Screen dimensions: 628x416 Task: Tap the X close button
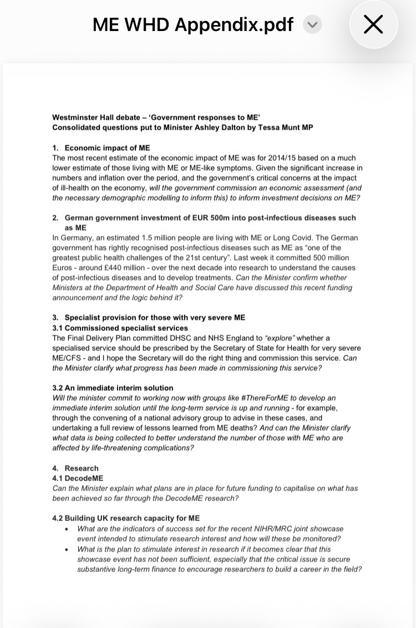coord(373,24)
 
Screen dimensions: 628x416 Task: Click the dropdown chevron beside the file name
coord(313,24)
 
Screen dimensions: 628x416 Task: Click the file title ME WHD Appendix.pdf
coord(192,24)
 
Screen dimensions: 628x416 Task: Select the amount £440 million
coord(110,268)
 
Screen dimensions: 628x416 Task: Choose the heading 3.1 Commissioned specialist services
coord(120,328)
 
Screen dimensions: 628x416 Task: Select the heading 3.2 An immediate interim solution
coord(113,388)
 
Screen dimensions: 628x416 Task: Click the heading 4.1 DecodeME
coord(78,478)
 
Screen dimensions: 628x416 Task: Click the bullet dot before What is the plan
coord(67,549)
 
